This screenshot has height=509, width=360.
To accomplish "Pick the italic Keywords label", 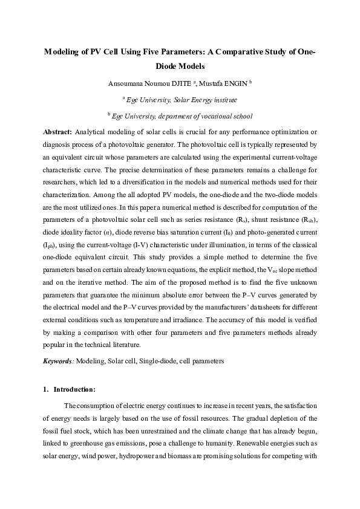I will (58, 361).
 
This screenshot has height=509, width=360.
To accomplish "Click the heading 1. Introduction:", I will (70, 389).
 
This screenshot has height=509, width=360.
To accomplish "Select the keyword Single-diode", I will (156, 361).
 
